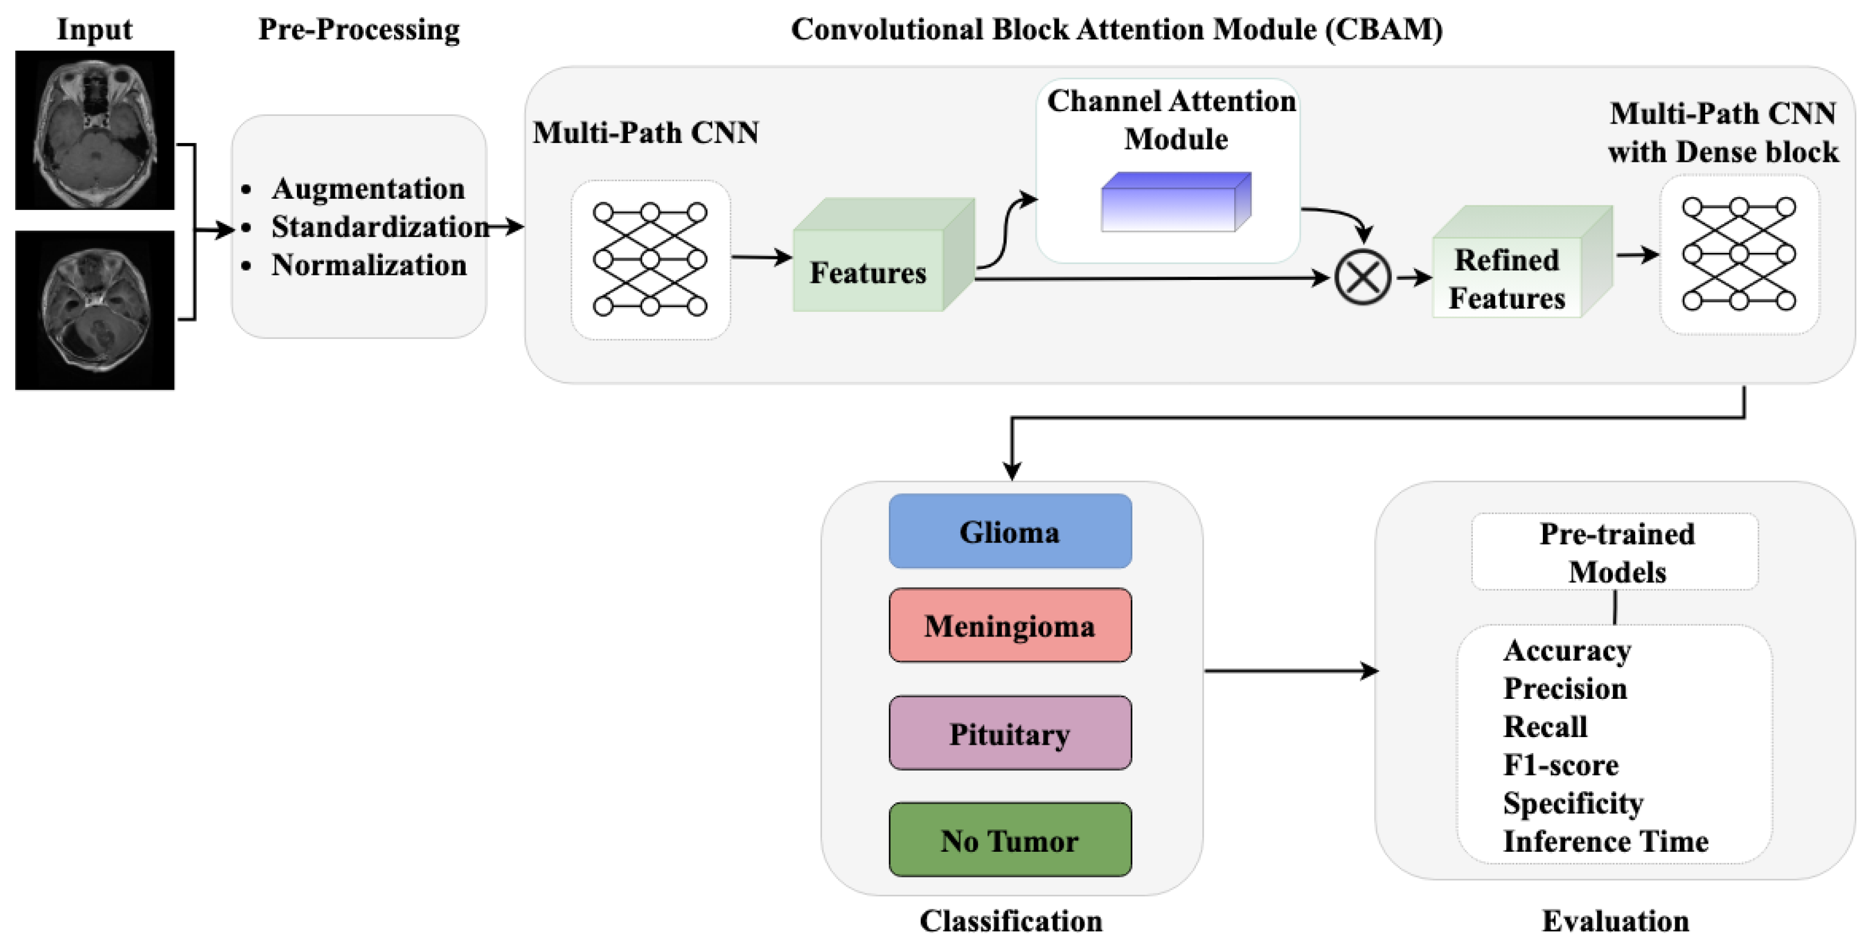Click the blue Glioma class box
1010,531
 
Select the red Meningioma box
1010,625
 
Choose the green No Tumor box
1010,839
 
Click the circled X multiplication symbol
1362,277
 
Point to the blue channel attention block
1175,202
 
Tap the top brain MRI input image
95,131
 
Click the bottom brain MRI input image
95,311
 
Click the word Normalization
369,265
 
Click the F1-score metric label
1560,765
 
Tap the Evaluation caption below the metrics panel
1615,921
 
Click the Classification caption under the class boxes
1011,921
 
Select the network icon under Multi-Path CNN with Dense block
1739,255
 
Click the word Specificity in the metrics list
1573,803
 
